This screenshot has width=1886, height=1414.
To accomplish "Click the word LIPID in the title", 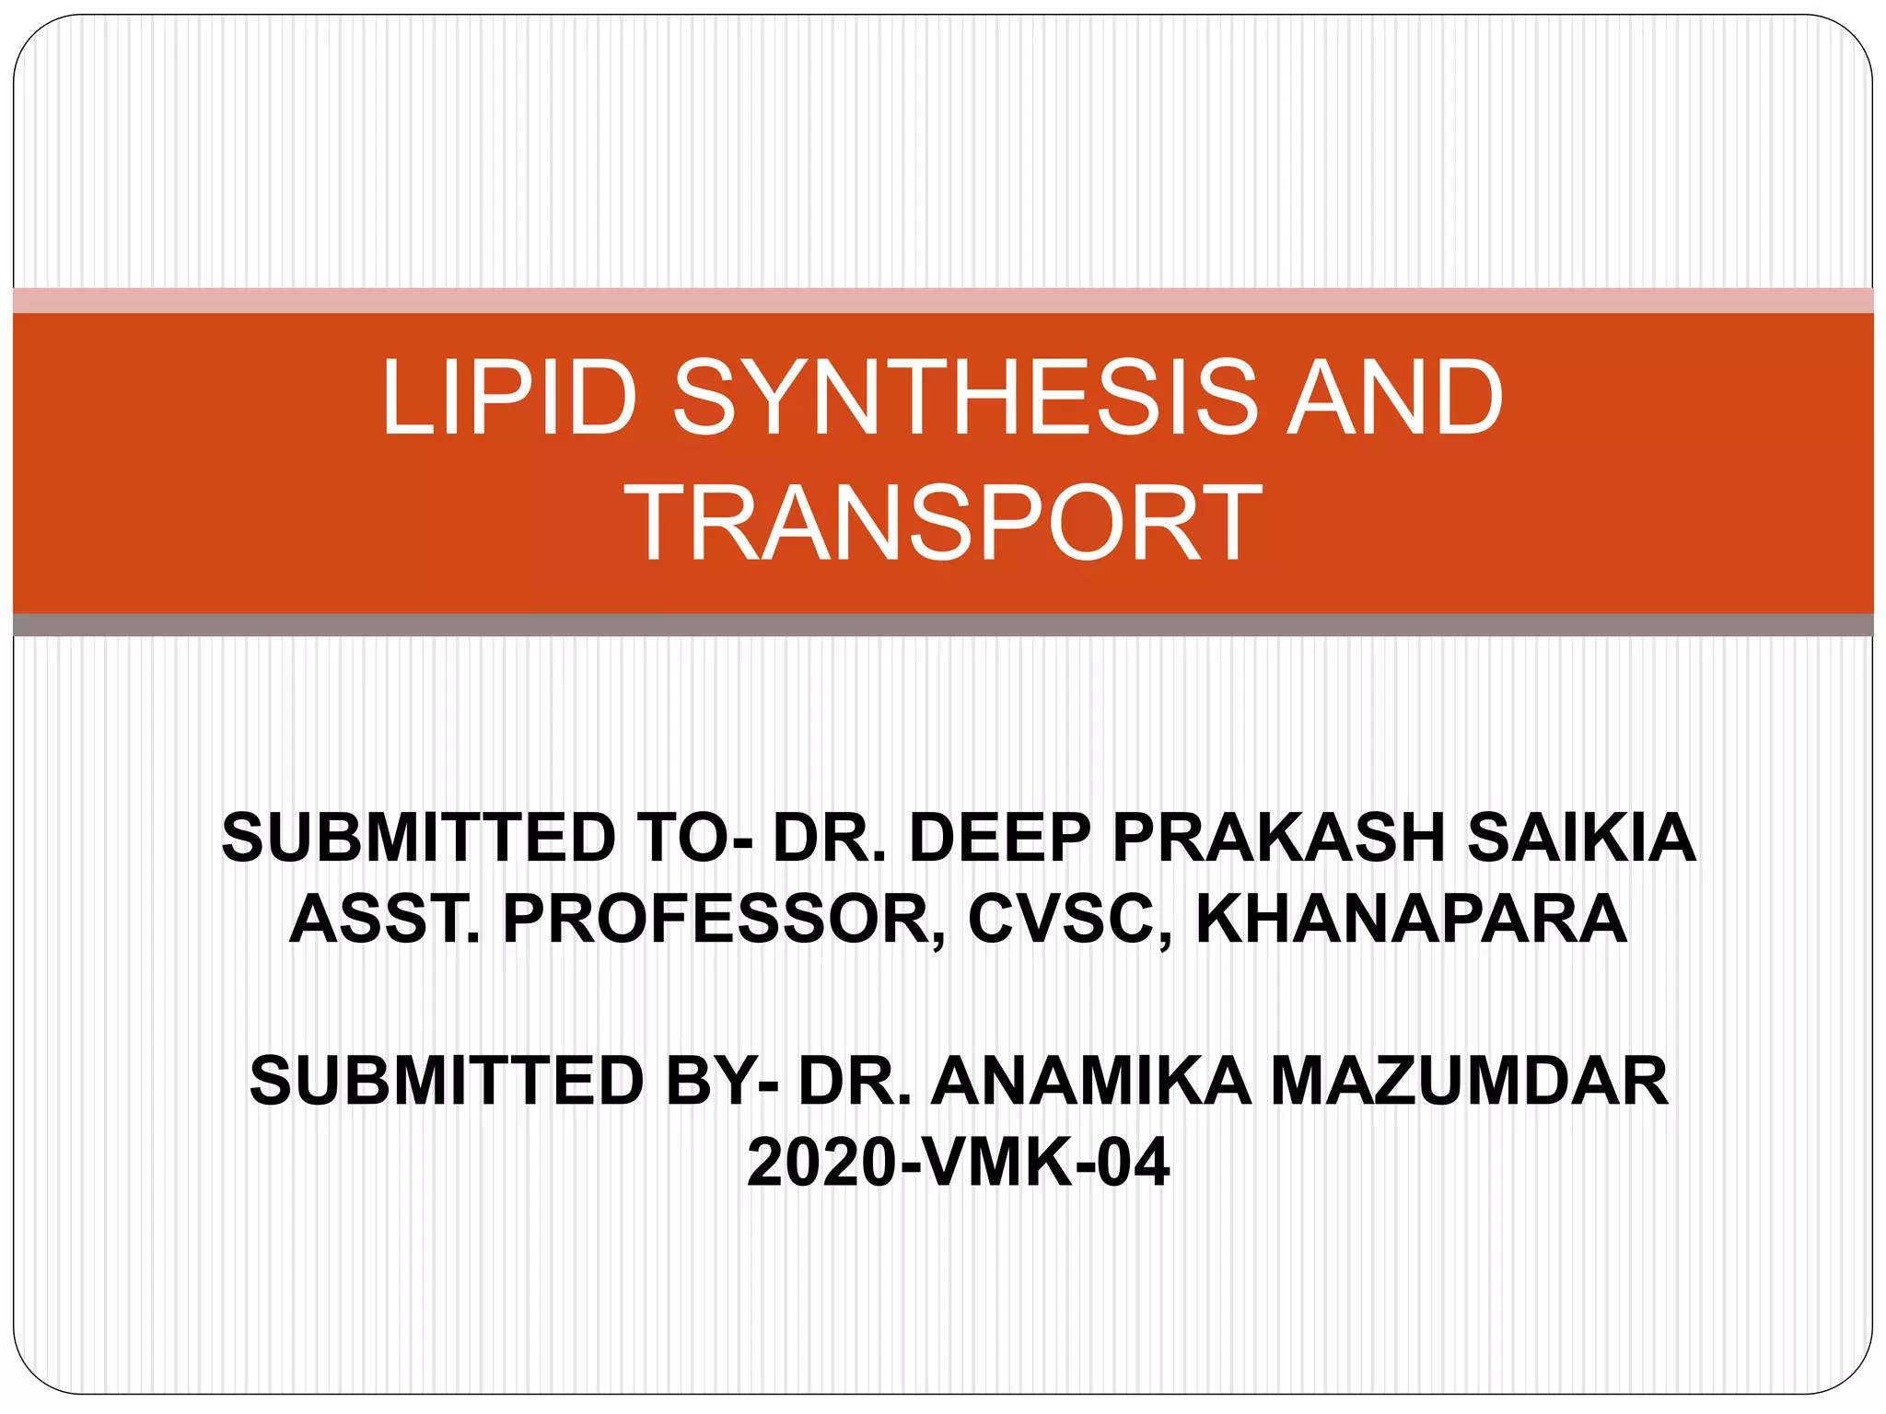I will (x=508, y=398).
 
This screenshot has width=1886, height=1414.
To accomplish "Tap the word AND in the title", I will (x=1394, y=398).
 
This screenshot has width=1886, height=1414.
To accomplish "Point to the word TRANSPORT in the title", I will (x=943, y=523).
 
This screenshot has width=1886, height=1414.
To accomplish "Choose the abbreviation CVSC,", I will (x=1072, y=919).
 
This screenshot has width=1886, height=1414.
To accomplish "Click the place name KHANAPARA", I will (x=1411, y=919).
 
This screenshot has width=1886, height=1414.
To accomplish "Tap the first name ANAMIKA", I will (x=1092, y=1081).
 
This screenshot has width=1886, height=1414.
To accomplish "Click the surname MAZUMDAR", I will (x=1470, y=1081).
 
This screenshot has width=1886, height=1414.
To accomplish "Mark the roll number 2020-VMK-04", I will (x=958, y=1163).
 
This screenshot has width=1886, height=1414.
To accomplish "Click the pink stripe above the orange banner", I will (x=943, y=301).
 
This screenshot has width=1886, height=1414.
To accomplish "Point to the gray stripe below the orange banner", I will (x=943, y=625).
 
